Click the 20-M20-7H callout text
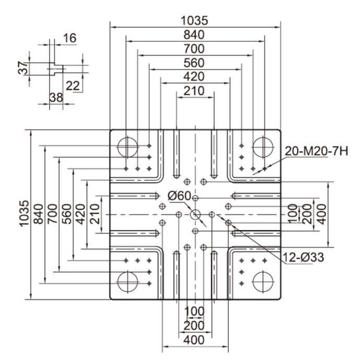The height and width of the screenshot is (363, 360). click(x=316, y=151)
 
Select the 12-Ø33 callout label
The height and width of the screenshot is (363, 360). click(x=304, y=257)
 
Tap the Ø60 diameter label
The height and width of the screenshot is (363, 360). click(x=179, y=196)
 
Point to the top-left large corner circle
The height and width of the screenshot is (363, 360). click(x=127, y=137)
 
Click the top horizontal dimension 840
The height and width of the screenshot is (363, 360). click(x=194, y=35)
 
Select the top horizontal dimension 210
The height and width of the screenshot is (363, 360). click(x=194, y=91)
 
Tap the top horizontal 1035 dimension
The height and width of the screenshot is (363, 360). click(x=194, y=20)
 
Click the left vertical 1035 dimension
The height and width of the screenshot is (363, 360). click(x=24, y=213)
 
